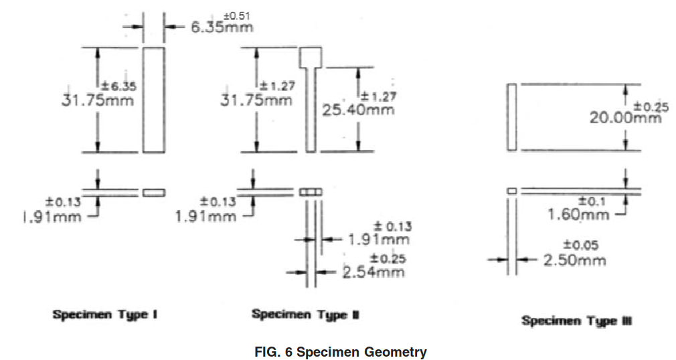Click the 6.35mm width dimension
click(222, 27)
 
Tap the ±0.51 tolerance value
click(237, 16)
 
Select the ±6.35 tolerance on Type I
click(118, 86)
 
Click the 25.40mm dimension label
click(358, 110)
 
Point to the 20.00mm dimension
click(626, 117)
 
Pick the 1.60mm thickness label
click(578, 214)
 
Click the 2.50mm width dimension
click(574, 260)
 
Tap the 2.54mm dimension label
click(373, 272)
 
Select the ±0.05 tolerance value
click(581, 246)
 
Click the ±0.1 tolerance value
click(592, 201)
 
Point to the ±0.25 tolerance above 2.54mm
click(388, 259)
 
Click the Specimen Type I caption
click(105, 314)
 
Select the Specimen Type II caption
click(305, 314)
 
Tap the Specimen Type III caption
click(577, 321)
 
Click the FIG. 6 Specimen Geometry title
click(341, 352)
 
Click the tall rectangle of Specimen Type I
click(154, 100)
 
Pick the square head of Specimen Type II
click(311, 58)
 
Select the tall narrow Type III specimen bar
click(512, 117)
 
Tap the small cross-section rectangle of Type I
click(154, 192)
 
